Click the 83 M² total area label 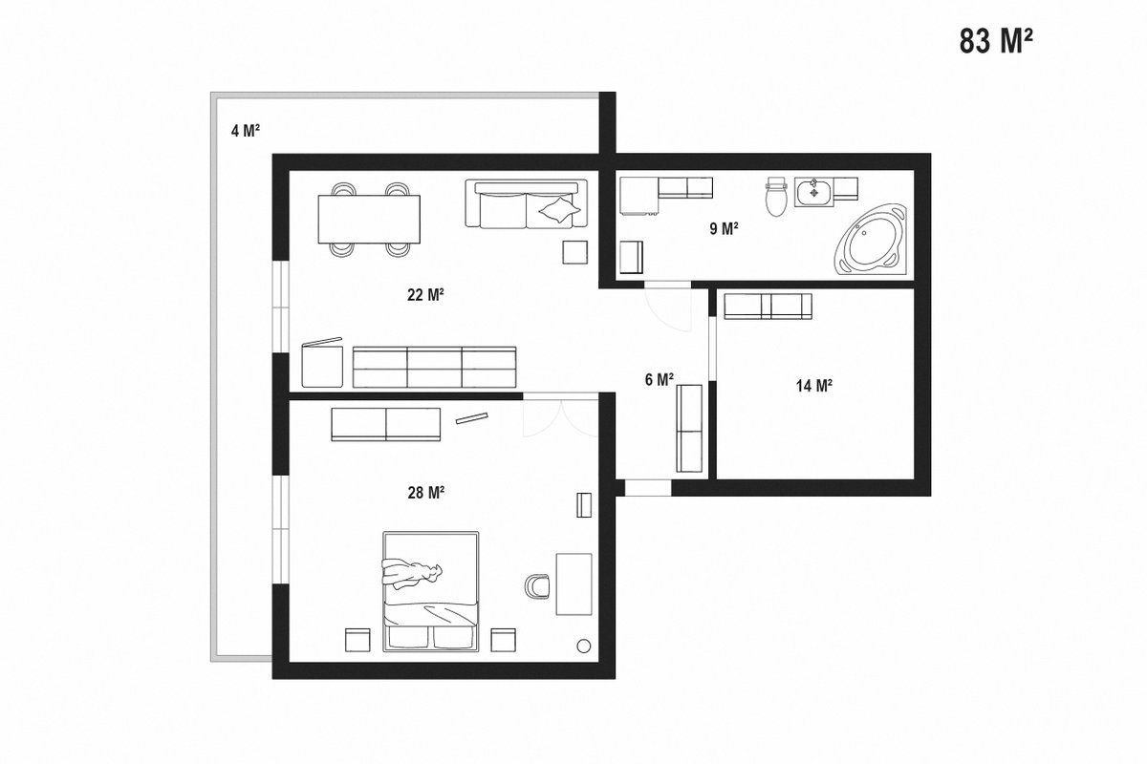point(996,41)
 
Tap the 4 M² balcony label point(246,131)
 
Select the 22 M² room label point(425,295)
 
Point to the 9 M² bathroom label point(724,228)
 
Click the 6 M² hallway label point(659,379)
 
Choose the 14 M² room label point(813,385)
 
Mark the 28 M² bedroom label point(425,492)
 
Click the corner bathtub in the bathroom point(871,241)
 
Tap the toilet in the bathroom point(776,197)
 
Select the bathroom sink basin point(814,192)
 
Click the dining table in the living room point(369,219)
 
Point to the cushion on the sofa point(560,209)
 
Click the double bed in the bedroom point(431,591)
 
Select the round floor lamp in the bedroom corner point(583,646)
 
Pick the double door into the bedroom point(561,417)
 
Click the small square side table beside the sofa point(575,252)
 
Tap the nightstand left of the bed point(357,640)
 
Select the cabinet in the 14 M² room point(768,307)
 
